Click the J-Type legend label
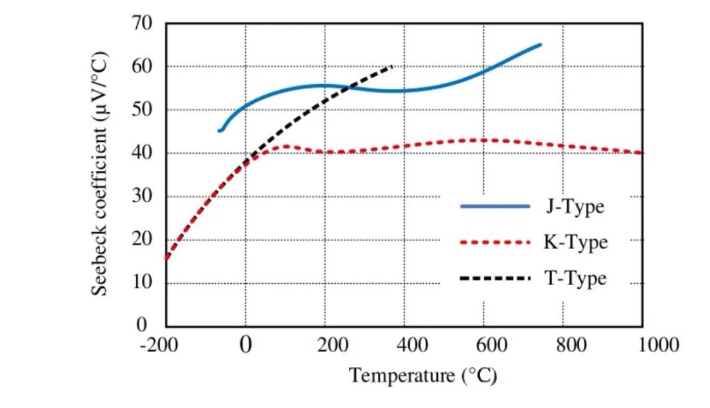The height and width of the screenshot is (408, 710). click(x=574, y=207)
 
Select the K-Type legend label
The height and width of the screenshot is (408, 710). click(x=575, y=242)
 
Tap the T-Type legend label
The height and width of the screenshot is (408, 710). click(x=575, y=279)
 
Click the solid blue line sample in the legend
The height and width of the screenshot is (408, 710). click(x=495, y=206)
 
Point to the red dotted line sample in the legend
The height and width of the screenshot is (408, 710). click(x=495, y=242)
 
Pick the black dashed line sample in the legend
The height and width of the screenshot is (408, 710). click(x=495, y=279)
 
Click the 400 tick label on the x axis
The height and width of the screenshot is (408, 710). click(x=404, y=345)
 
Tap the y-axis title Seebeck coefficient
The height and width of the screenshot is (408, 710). click(x=99, y=174)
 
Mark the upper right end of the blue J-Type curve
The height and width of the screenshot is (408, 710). click(x=540, y=45)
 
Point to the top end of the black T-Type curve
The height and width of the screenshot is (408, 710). click(x=392, y=66)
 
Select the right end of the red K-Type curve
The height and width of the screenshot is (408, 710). click(x=641, y=153)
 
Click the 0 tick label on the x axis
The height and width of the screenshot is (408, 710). click(x=246, y=345)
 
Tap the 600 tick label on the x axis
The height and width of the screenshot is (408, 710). click(x=484, y=345)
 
